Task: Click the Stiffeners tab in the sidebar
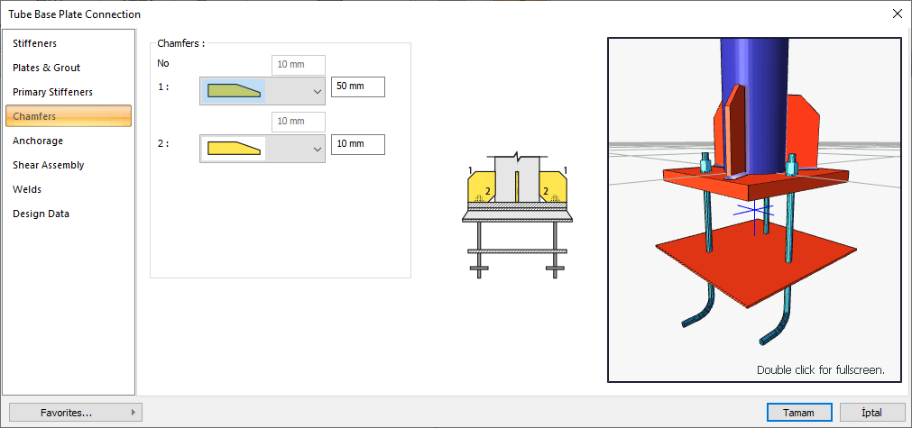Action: coord(35,43)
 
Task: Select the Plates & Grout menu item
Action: coord(46,68)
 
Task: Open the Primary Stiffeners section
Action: coord(52,92)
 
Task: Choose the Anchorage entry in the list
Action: coord(38,141)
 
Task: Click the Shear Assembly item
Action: coord(49,165)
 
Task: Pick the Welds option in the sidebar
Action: coord(27,189)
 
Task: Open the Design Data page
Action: coord(41,214)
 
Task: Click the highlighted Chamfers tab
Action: coord(69,116)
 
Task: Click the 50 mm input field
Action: coord(357,87)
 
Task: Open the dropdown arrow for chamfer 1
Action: coord(317,91)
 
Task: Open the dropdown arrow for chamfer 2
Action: coord(317,149)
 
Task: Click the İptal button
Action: coord(871,412)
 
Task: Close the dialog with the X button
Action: coord(897,14)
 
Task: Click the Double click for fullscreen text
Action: coord(820,369)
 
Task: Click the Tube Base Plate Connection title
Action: coord(74,14)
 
